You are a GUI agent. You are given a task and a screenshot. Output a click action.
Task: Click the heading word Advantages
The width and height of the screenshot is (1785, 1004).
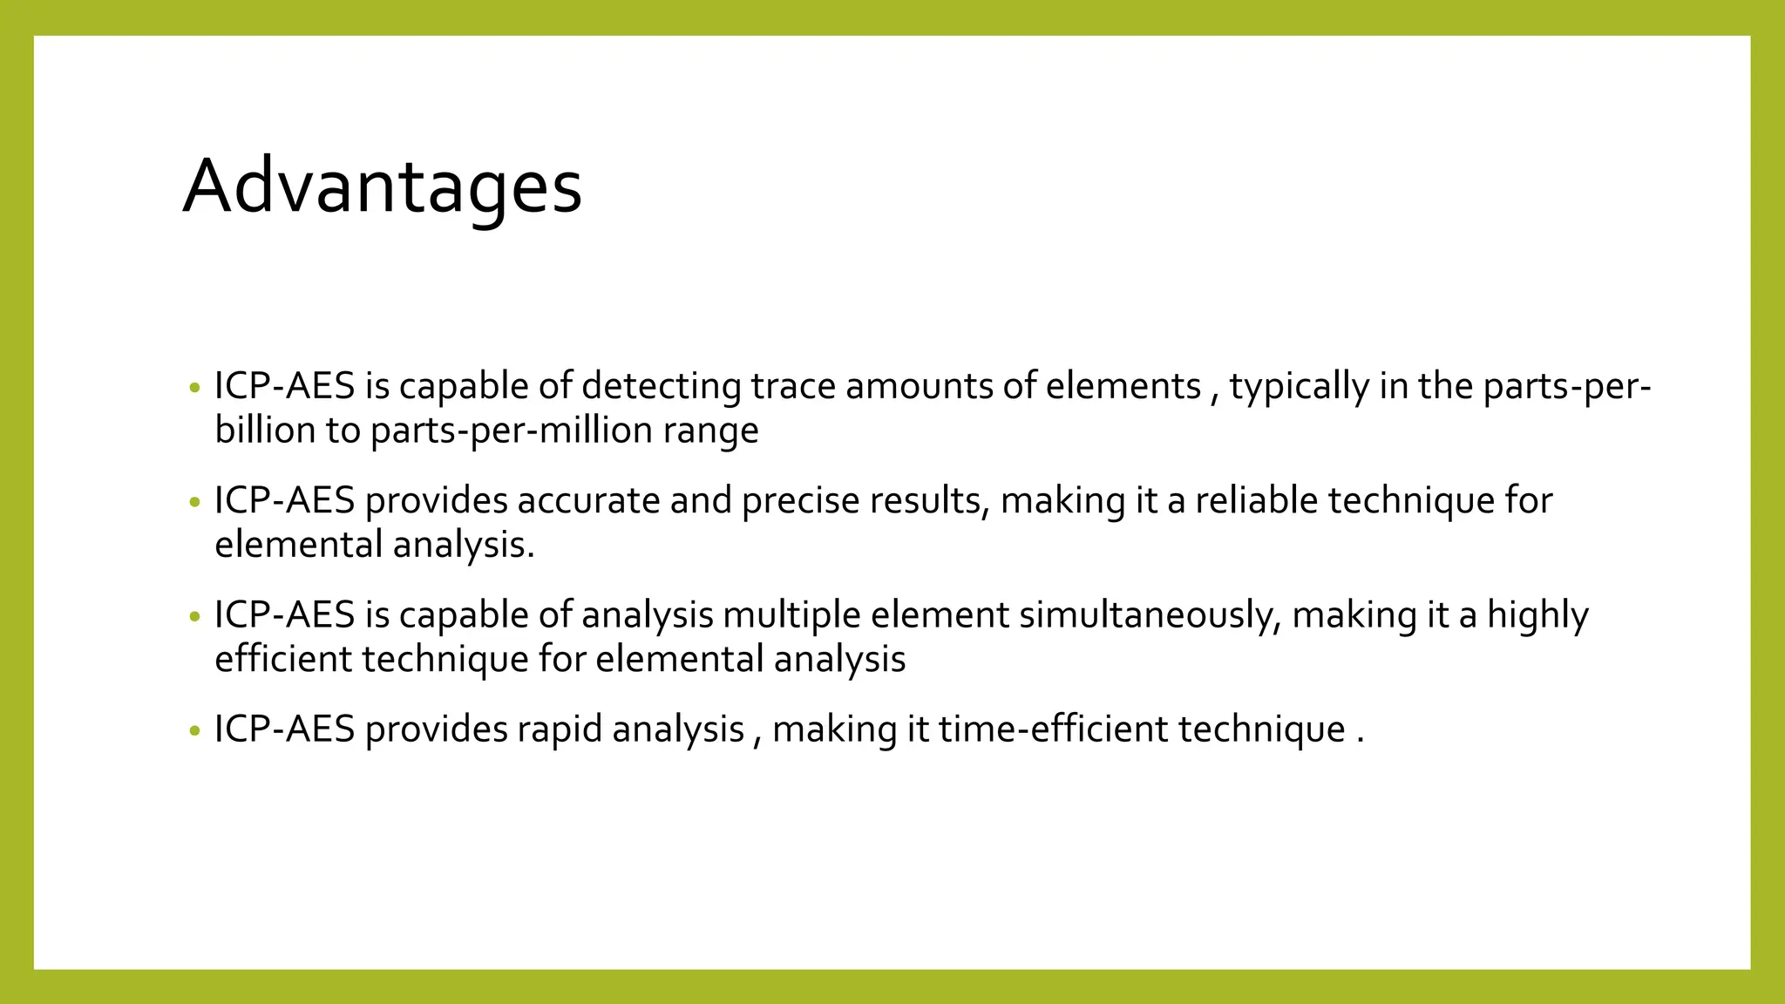pos(382,187)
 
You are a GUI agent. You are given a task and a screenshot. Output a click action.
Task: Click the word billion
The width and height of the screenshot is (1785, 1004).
pos(265,431)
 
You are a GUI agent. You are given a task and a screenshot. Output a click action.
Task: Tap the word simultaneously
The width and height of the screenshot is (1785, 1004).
pos(1150,615)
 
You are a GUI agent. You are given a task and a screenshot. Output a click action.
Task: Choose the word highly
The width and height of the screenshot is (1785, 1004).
pos(1537,615)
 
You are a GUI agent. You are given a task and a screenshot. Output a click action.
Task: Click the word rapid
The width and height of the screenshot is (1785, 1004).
pos(560,729)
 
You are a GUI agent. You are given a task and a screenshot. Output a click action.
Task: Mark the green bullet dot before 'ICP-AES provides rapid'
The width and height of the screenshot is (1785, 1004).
pos(194,730)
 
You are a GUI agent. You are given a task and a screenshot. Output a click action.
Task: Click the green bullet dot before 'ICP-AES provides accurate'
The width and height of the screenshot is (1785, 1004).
pos(194,502)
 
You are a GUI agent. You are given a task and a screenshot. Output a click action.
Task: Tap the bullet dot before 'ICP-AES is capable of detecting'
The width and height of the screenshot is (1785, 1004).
pos(194,388)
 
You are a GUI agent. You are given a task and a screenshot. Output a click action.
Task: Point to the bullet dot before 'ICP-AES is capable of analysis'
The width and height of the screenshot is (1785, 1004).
pos(194,616)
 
